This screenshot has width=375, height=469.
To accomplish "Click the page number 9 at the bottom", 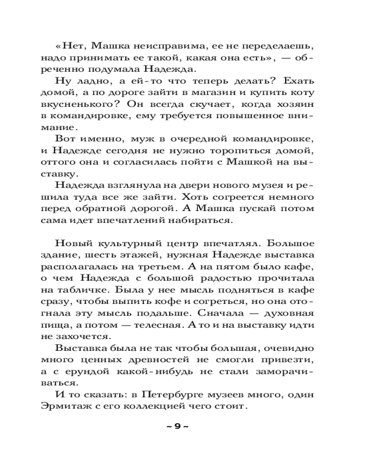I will [x=177, y=426].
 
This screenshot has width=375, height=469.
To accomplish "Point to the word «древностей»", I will [x=180, y=360].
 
